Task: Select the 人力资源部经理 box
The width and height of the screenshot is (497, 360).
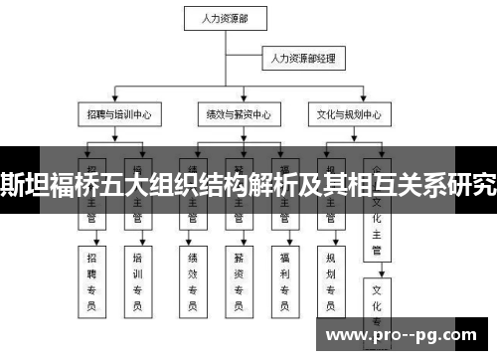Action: click(303, 60)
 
